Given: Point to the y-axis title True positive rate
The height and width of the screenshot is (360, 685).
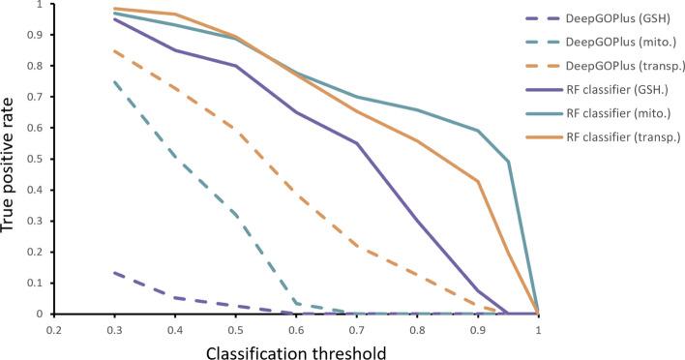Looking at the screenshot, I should click(11, 159).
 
